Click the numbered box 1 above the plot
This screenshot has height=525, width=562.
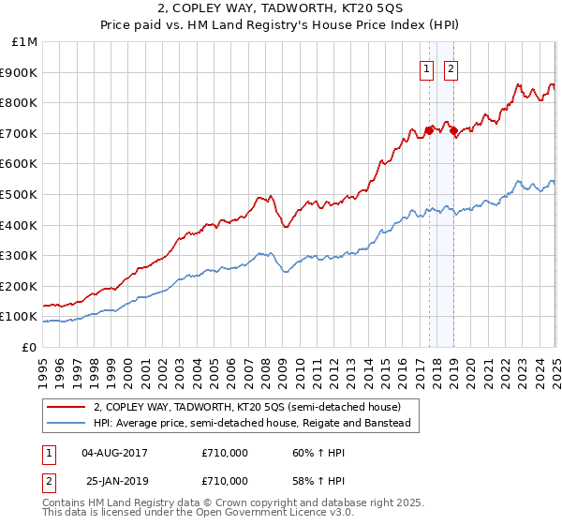click(x=426, y=68)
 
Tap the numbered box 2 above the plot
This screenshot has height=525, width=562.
click(x=451, y=68)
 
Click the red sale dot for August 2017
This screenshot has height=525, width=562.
click(x=429, y=130)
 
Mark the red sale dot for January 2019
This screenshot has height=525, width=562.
click(x=453, y=130)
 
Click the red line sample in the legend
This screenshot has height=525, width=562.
click(x=66, y=407)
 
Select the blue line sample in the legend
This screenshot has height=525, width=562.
click(x=66, y=424)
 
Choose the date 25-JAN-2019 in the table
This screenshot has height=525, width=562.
click(x=114, y=480)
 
